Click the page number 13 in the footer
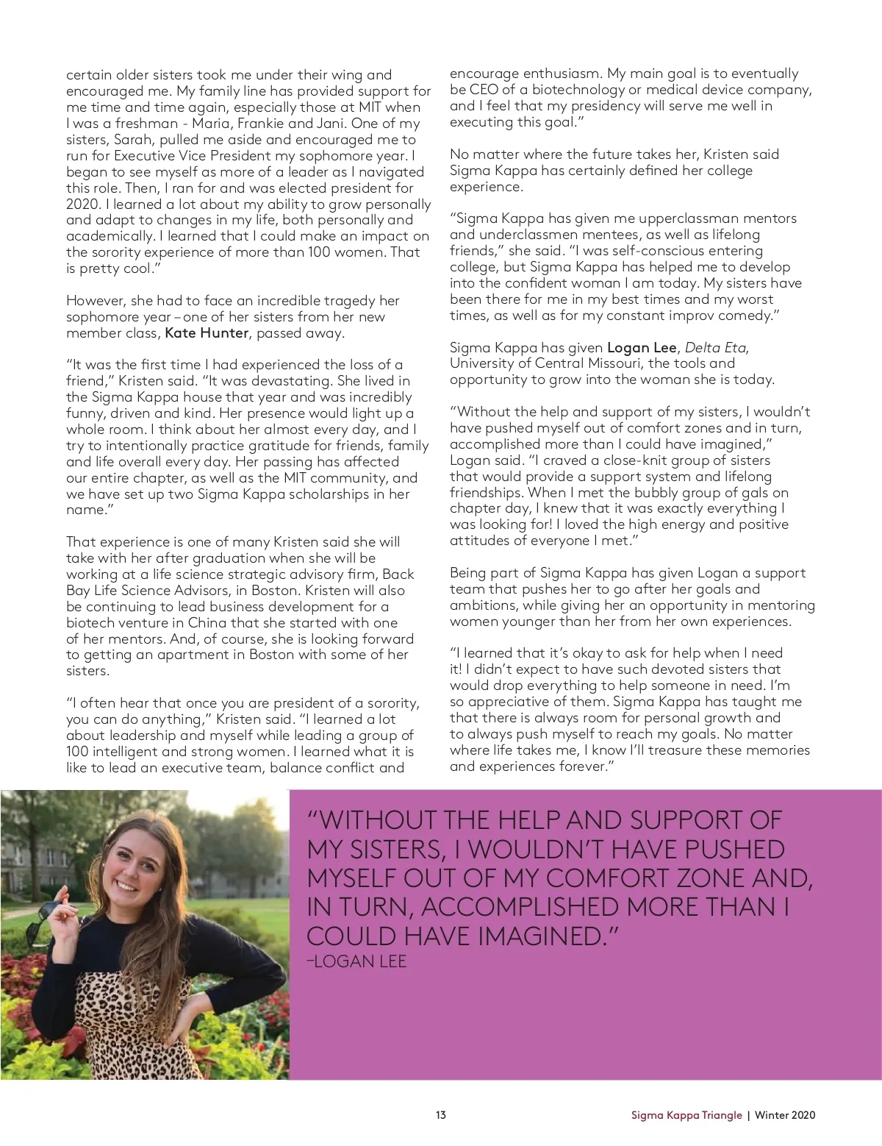440,1115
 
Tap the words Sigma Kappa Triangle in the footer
686,1115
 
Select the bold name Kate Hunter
207,333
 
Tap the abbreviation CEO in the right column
481,90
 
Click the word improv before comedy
695,316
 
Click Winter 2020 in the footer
785,1115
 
